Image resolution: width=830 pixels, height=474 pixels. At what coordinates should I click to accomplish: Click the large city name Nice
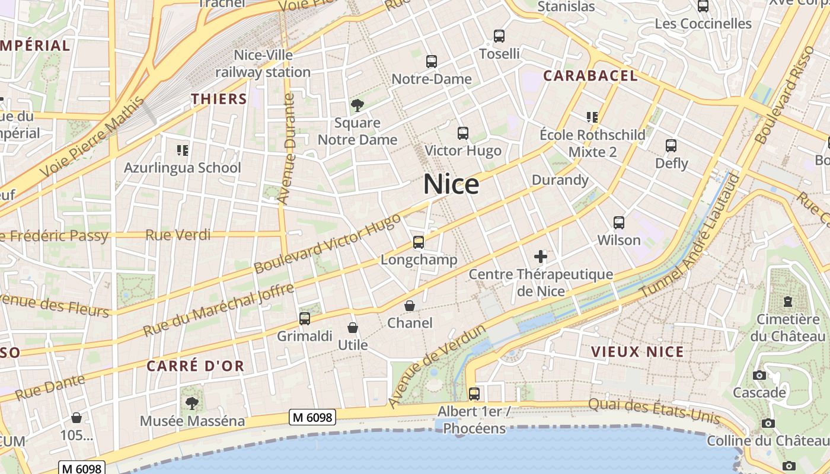[451, 185]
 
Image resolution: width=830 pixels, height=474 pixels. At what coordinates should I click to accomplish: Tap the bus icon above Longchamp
[419, 242]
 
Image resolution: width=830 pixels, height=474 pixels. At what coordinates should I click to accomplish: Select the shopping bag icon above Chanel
[409, 306]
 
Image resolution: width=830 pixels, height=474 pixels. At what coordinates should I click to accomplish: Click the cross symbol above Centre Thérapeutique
[540, 257]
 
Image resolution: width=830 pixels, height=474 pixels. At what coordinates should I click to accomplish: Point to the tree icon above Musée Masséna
[191, 403]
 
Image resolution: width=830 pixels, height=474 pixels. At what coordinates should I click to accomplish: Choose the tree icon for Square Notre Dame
[357, 105]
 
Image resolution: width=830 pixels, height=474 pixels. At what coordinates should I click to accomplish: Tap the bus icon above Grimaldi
[305, 319]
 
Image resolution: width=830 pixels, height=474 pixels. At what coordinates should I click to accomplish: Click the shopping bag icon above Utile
[353, 328]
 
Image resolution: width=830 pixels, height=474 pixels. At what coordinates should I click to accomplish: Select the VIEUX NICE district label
[637, 352]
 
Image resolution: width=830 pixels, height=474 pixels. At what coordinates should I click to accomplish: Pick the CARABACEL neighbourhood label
[590, 76]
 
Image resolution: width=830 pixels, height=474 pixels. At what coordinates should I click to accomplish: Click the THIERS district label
[219, 99]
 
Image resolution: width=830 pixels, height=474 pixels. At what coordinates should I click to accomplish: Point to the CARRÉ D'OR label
[196, 366]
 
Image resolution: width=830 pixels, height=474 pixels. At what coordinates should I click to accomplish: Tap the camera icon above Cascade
[759, 375]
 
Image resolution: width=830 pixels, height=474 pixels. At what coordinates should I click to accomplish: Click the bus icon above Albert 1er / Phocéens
[474, 393]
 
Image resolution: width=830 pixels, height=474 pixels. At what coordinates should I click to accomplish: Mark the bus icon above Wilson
[619, 223]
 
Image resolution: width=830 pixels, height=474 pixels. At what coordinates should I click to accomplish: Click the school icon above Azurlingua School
[183, 150]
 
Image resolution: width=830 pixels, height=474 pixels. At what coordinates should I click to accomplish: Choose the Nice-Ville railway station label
[263, 63]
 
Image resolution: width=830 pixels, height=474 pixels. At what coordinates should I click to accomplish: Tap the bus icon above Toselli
[499, 36]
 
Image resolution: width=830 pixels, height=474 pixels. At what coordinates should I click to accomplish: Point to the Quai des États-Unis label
[654, 411]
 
